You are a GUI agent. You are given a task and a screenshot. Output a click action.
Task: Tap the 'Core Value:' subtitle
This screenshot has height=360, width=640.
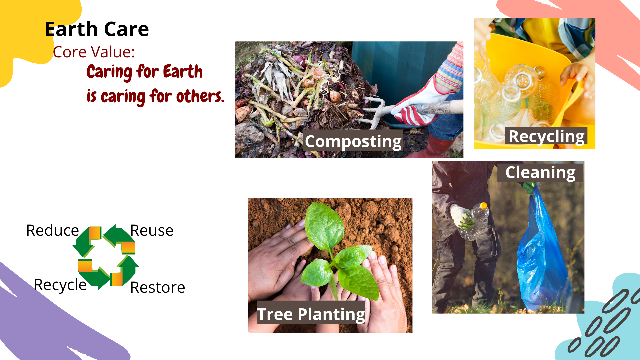click(94, 52)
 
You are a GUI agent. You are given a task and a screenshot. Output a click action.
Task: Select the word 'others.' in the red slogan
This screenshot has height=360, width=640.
click(200, 96)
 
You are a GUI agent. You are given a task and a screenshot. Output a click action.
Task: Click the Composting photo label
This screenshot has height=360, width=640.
click(353, 141)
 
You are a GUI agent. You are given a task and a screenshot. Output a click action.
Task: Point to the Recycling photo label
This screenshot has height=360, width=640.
click(546, 136)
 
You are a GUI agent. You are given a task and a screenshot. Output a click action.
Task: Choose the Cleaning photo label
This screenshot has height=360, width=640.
click(540, 172)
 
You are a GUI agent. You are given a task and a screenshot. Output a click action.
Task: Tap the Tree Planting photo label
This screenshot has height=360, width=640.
click(311, 314)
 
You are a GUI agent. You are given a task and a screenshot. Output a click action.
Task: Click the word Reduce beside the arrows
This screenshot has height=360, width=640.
click(53, 230)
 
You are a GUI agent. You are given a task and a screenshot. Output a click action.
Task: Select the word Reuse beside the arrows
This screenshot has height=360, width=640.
click(152, 230)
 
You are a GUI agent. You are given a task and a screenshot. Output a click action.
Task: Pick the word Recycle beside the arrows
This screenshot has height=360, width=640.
click(60, 285)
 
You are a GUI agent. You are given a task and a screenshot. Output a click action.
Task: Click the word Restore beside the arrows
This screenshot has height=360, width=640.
click(158, 287)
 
